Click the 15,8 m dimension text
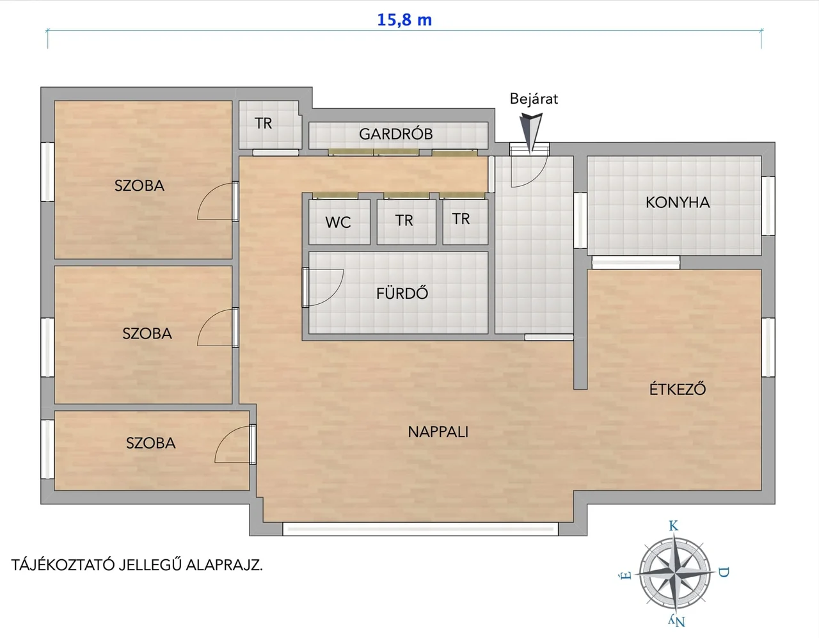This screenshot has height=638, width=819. tap(404, 20)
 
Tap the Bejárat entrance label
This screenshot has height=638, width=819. tap(534, 99)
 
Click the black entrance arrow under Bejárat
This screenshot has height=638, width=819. tap(530, 132)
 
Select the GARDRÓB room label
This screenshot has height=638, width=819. tap(395, 134)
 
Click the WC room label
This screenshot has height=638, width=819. tap(338, 222)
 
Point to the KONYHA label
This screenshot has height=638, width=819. tap(678, 203)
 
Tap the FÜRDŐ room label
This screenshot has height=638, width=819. tap(402, 293)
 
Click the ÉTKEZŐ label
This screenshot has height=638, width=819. tap(678, 388)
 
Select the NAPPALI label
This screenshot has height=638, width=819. tap(438, 432)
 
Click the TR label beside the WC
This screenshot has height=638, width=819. tap(404, 221)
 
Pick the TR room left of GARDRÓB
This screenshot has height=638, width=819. tap(263, 124)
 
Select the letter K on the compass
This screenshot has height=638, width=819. tap(674, 526)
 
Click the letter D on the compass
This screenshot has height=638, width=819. tap(724, 573)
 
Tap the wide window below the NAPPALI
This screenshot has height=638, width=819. tap(420, 529)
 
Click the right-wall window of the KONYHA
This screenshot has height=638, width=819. tap(768, 206)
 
